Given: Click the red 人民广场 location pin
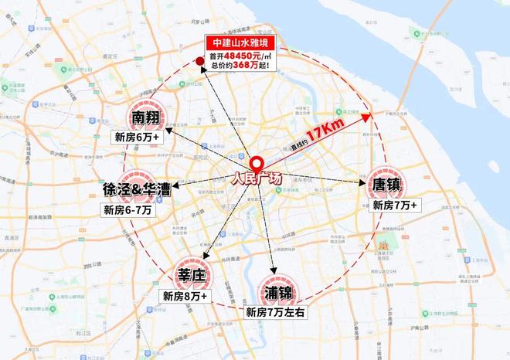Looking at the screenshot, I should tap(256, 165).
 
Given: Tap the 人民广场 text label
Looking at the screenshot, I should tap(258, 179).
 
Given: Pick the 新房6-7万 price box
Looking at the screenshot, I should tap(129, 209).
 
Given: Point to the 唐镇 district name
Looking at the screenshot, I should tap(389, 186).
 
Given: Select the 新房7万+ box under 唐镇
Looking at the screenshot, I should tap(395, 205).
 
